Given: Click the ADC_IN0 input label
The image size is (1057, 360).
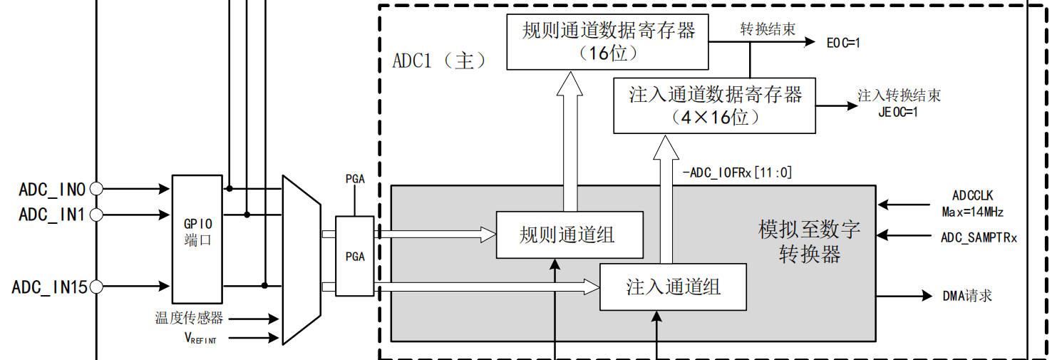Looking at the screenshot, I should click(52, 190).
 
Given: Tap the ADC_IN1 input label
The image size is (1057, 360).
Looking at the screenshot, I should click(52, 214).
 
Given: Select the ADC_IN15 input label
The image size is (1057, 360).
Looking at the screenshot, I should click(49, 287).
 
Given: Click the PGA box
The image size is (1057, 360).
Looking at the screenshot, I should click(354, 257).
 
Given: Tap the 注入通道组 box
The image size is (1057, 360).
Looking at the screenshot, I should click(673, 287).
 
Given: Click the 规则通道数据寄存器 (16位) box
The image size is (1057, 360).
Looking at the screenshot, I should click(608, 41).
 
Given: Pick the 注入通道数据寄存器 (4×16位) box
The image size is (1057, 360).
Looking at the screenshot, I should click(715, 106).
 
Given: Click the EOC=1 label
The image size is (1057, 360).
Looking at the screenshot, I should click(843, 43).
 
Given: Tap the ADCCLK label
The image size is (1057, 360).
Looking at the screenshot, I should click(972, 195).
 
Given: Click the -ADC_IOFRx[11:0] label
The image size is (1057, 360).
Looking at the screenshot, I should click(737, 172).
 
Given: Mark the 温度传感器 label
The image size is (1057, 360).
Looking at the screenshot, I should click(189, 318).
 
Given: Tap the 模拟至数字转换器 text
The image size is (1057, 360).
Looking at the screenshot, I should click(810, 242).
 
